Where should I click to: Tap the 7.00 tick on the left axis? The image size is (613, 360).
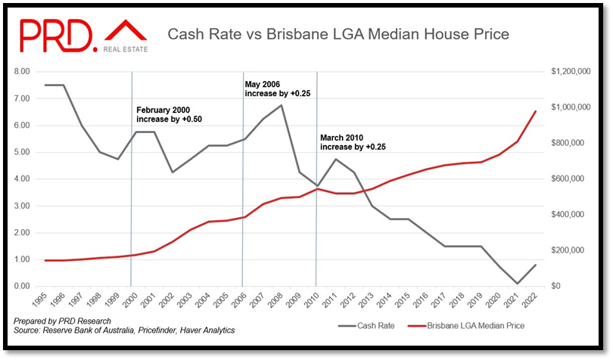tap(22, 98)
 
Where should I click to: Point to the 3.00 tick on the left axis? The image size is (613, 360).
tap(22, 206)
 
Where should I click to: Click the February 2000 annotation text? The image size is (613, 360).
tap(169, 115)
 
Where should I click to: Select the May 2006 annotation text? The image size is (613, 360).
tap(278, 88)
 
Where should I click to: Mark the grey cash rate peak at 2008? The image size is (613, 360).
tap(282, 105)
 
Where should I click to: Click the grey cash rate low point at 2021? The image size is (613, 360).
tap(517, 284)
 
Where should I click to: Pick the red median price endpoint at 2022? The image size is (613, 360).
tap(535, 111)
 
